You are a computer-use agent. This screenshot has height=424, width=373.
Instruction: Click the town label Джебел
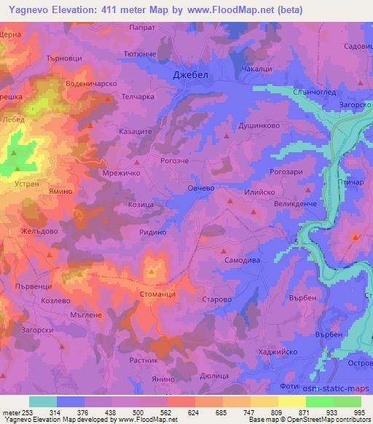(x=192, y=76)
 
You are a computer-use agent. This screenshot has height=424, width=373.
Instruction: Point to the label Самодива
(x=239, y=259)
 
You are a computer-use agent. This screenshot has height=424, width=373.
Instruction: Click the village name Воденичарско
(x=91, y=83)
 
